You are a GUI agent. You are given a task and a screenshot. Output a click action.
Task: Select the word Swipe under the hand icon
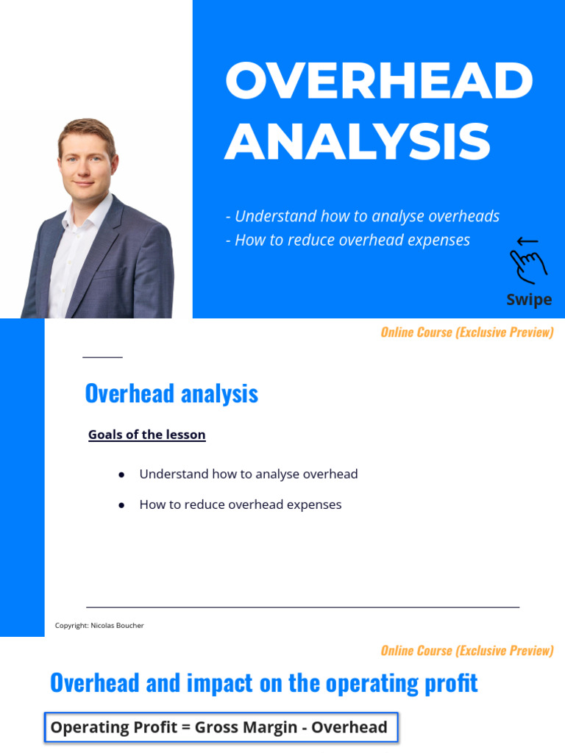click(529, 299)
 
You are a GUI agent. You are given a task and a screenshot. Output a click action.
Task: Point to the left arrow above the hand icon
click(527, 241)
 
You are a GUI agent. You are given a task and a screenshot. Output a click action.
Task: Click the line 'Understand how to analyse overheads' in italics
click(363, 216)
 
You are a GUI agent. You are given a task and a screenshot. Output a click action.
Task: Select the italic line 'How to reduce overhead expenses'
click(348, 240)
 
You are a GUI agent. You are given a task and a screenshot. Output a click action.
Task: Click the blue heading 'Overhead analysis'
click(171, 393)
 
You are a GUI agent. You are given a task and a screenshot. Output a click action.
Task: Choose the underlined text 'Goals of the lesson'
click(147, 435)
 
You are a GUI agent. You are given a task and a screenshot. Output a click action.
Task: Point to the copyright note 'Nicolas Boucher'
click(117, 626)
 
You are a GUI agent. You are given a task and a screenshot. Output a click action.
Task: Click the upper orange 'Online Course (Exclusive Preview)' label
click(466, 332)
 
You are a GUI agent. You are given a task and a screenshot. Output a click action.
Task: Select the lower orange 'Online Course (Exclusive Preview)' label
click(466, 651)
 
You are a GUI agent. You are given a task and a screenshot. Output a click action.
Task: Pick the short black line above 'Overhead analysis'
click(102, 357)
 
